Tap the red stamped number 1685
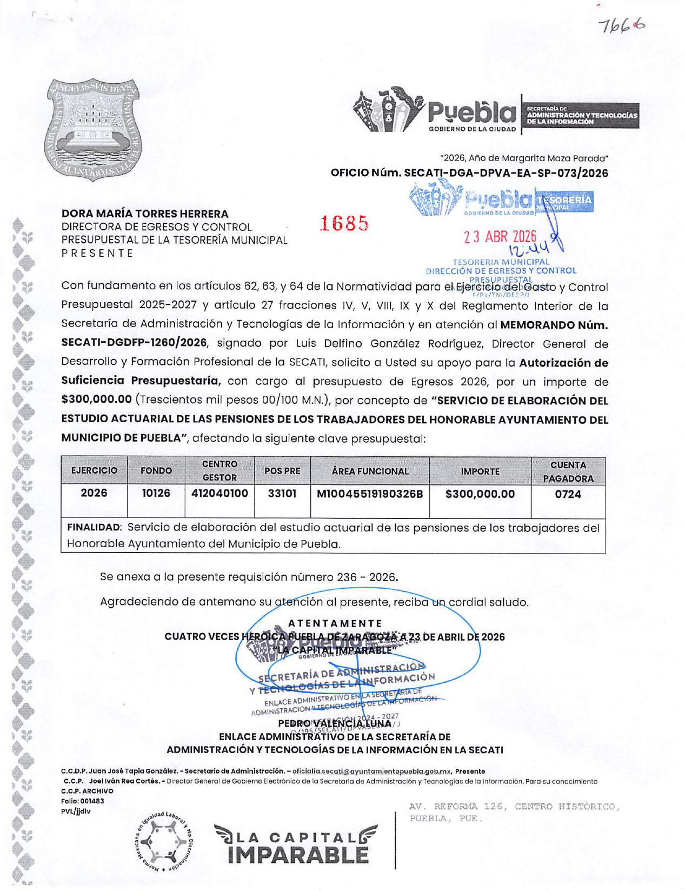click(x=344, y=223)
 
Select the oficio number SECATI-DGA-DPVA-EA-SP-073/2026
click(x=469, y=173)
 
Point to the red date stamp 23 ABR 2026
click(x=500, y=237)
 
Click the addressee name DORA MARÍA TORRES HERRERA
click(x=145, y=214)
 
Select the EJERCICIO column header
click(x=94, y=470)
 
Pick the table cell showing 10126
click(x=156, y=493)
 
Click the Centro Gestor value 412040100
click(x=220, y=493)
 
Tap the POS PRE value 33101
click(x=282, y=493)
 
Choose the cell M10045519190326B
click(x=370, y=494)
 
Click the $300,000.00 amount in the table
click(x=480, y=494)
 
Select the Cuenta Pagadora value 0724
click(x=568, y=494)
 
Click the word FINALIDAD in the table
click(x=93, y=527)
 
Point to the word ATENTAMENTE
click(x=335, y=623)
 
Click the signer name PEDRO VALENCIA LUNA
click(x=335, y=723)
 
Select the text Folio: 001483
click(x=83, y=801)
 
